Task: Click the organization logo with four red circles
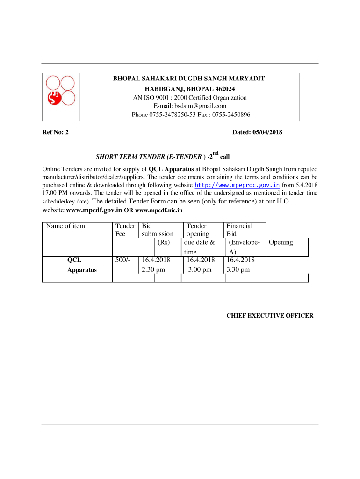tap(61, 90)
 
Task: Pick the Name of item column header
tap(65, 226)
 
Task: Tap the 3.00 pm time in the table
tap(200, 269)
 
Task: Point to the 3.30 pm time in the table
tap(238, 269)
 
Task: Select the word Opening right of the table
tap(281, 242)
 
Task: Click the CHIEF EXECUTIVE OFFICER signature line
tap(270, 316)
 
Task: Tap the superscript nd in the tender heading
tap(215, 153)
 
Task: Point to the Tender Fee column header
tap(125, 230)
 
